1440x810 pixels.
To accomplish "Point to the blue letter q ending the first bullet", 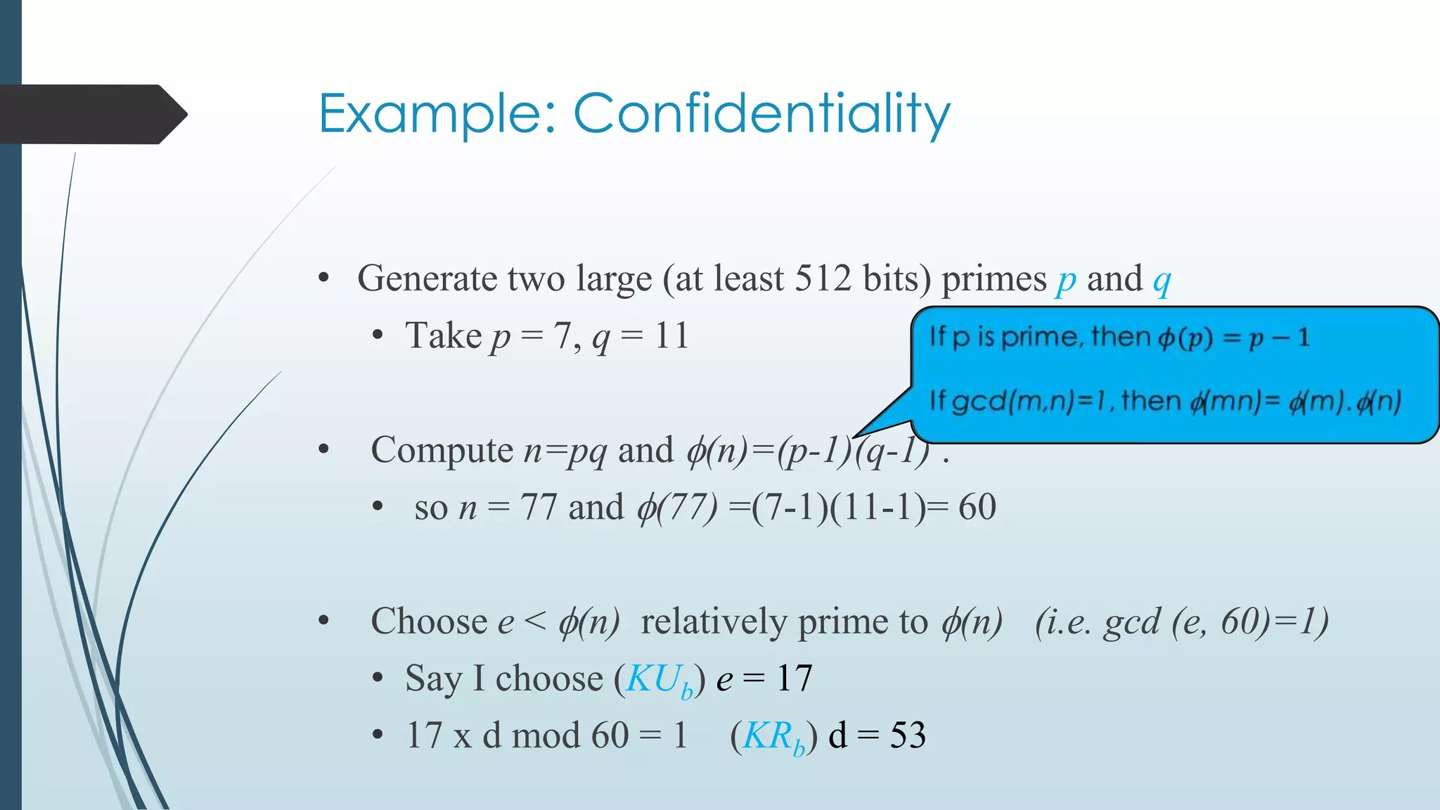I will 1162,281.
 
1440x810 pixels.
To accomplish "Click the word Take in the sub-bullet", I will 443,335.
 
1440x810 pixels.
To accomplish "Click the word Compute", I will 442,451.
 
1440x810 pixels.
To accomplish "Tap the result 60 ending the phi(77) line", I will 977,507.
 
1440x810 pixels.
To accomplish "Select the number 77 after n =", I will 539,507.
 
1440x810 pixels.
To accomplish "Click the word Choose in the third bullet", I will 429,622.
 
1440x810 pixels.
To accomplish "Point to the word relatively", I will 714,622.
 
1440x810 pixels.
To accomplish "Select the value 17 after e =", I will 794,679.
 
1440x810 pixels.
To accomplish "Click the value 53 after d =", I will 908,735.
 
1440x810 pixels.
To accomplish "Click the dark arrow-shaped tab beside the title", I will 91,114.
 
